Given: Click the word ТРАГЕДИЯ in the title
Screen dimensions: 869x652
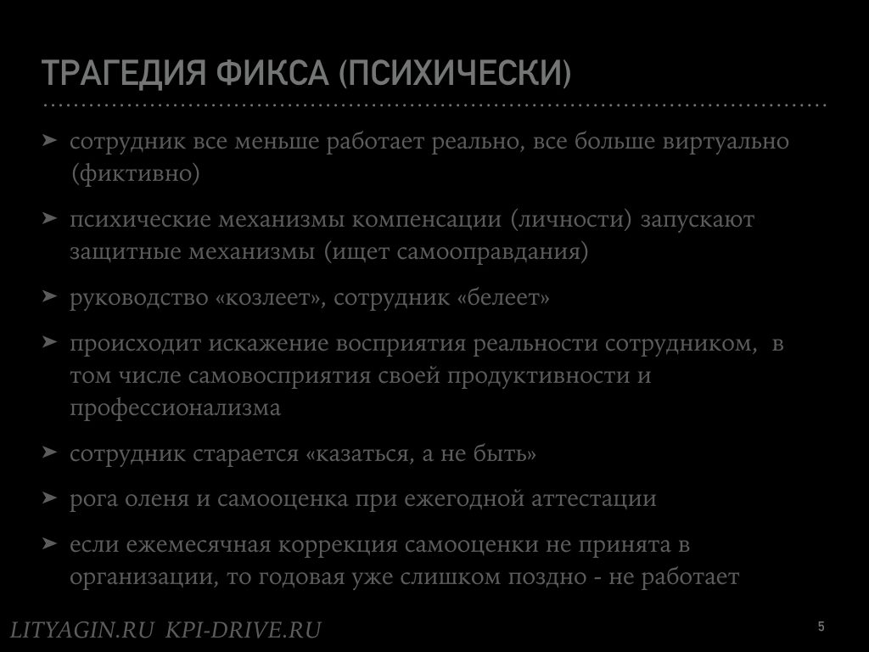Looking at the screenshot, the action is coord(124,73).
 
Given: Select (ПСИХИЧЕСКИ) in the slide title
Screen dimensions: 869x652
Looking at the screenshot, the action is coord(455,73).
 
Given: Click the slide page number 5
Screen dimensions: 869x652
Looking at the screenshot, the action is coord(821,627).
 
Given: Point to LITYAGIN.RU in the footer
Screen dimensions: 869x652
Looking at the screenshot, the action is coord(82,630).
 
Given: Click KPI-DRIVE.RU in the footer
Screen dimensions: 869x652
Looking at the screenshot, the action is coord(244,630).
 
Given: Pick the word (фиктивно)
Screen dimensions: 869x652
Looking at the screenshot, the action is coord(135,173).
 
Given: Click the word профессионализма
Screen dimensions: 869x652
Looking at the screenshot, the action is coord(175,408).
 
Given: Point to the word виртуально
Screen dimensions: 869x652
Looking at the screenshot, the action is coord(726,142).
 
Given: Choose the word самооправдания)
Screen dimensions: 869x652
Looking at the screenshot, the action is coord(492,251).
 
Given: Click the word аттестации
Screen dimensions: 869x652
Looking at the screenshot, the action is coord(593,498).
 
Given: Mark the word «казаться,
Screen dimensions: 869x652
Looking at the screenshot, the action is coord(360,454).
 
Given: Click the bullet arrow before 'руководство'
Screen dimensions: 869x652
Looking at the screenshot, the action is coord(50,295).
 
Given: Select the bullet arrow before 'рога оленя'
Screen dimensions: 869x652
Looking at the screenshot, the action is coord(50,497).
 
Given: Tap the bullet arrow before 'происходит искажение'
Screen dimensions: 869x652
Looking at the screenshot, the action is coord(50,341).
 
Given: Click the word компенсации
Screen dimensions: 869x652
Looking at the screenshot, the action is coord(426,220).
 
